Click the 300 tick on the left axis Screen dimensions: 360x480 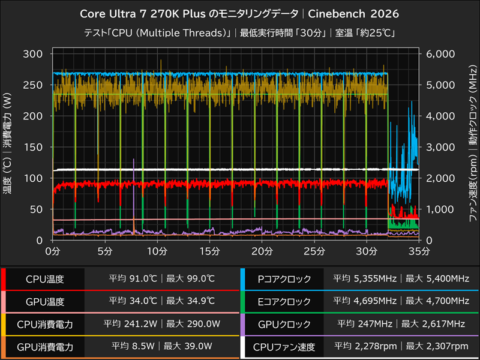pos(33,54)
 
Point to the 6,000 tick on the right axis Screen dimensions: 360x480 pos(441,54)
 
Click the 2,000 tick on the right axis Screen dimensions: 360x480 pos(441,178)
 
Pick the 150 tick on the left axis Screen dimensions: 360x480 pos(33,147)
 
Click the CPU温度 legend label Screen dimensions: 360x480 pos(45,279)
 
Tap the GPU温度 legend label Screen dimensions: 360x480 pos(45,301)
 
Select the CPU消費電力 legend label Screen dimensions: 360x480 pos(45,324)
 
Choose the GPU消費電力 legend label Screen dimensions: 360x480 pos(45,346)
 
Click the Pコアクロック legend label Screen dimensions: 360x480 pos(284,279)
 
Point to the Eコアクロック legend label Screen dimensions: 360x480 pos(284,301)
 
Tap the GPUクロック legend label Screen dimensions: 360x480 pos(284,324)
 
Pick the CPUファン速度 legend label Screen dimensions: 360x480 pos(284,346)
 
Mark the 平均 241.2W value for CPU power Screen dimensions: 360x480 pos(130,324)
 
